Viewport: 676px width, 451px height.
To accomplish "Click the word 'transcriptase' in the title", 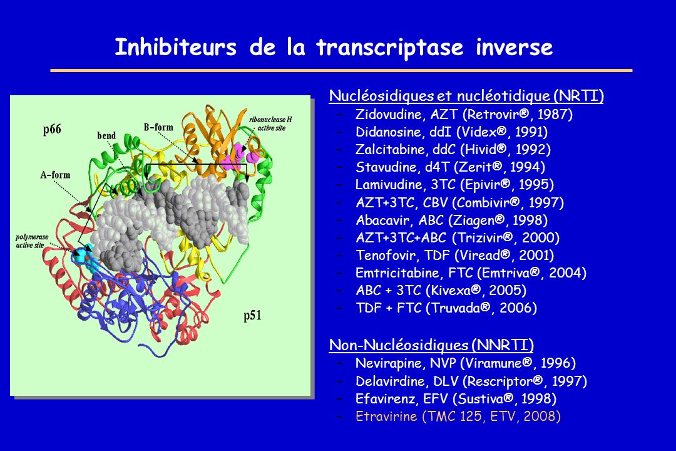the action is [x=390, y=48].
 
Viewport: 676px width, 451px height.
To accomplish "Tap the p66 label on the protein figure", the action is [x=52, y=129].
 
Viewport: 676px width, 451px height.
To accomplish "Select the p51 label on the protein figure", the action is [x=252, y=316].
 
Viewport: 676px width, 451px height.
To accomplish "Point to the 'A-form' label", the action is [x=55, y=175].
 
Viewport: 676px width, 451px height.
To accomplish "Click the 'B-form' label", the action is [x=158, y=127].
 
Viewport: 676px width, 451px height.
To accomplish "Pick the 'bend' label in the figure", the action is [x=106, y=135].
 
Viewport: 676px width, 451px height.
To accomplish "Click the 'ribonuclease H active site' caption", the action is [x=271, y=124].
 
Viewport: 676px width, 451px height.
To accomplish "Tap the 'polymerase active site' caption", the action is [x=32, y=241].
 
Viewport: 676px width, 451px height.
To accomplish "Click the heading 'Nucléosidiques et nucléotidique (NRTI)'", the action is [x=466, y=95].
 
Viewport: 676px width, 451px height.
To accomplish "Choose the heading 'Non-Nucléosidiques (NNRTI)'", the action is [x=431, y=345].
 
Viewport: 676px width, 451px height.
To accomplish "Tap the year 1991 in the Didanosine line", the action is [x=531, y=132].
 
